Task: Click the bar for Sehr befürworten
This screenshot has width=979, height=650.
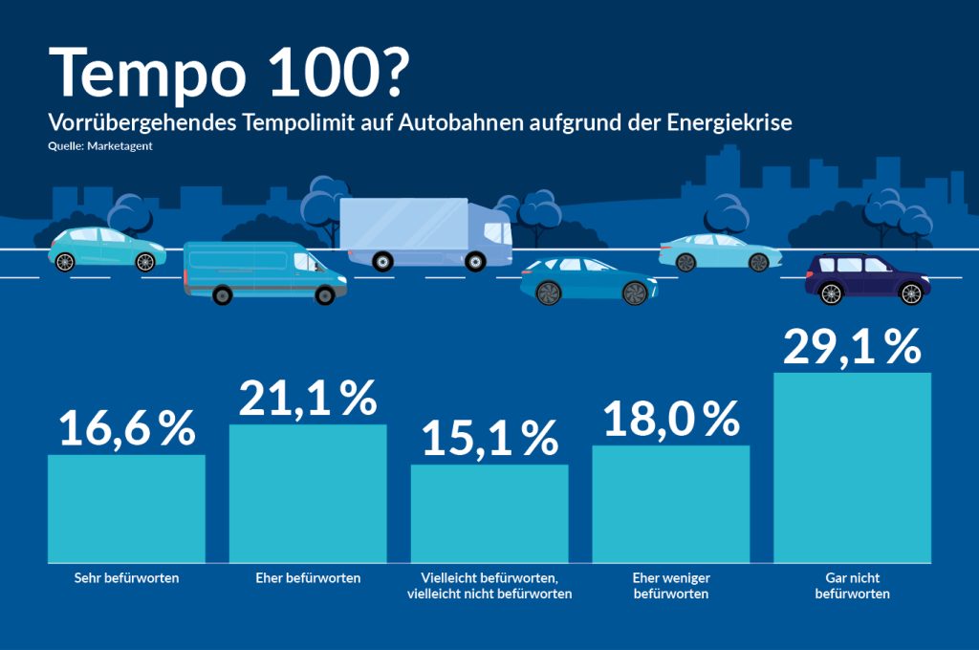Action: tap(126, 508)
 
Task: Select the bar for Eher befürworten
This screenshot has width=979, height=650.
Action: tap(308, 493)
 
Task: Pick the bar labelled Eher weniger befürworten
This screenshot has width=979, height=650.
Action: tap(671, 504)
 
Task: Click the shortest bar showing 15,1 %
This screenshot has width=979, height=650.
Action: tap(489, 513)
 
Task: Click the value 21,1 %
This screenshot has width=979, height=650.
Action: tap(308, 398)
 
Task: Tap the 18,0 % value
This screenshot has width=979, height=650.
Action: tap(671, 419)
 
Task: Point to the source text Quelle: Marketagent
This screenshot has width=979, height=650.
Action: tap(100, 146)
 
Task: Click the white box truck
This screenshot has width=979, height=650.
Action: tap(425, 232)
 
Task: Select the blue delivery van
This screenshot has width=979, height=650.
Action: tap(264, 271)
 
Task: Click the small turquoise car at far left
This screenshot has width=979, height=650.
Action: tap(106, 249)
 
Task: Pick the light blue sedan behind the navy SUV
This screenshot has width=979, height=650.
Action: tap(719, 252)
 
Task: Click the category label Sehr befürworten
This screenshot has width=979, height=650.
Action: tap(126, 578)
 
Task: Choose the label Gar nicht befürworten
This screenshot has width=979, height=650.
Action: tap(852, 586)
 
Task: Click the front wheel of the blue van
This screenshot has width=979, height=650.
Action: tap(325, 296)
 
